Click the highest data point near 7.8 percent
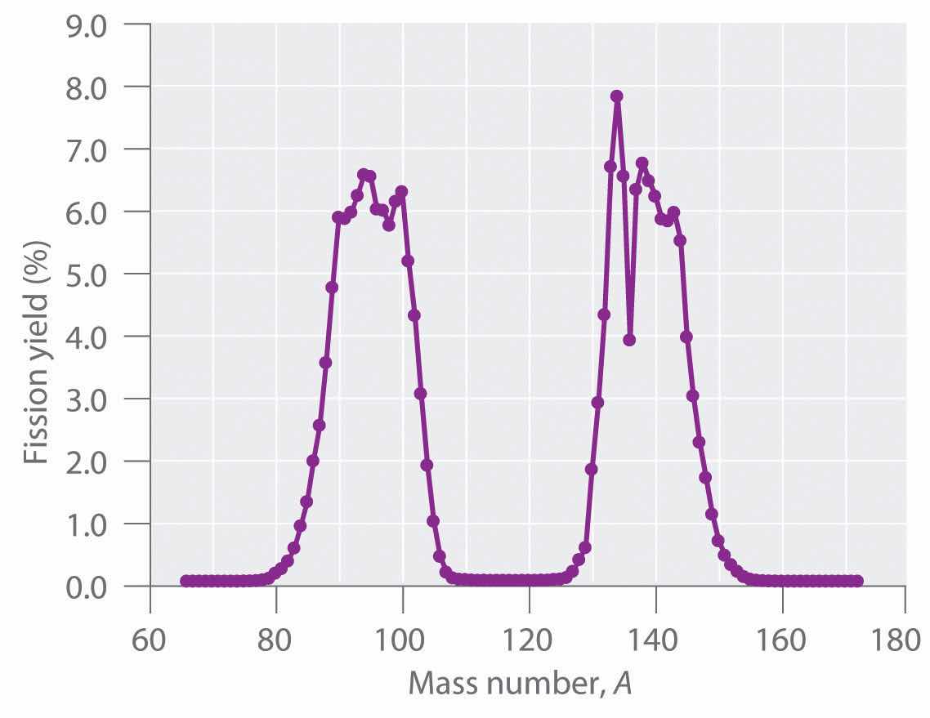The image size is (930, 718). [x=617, y=96]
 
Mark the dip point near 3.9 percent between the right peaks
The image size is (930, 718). [x=629, y=340]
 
